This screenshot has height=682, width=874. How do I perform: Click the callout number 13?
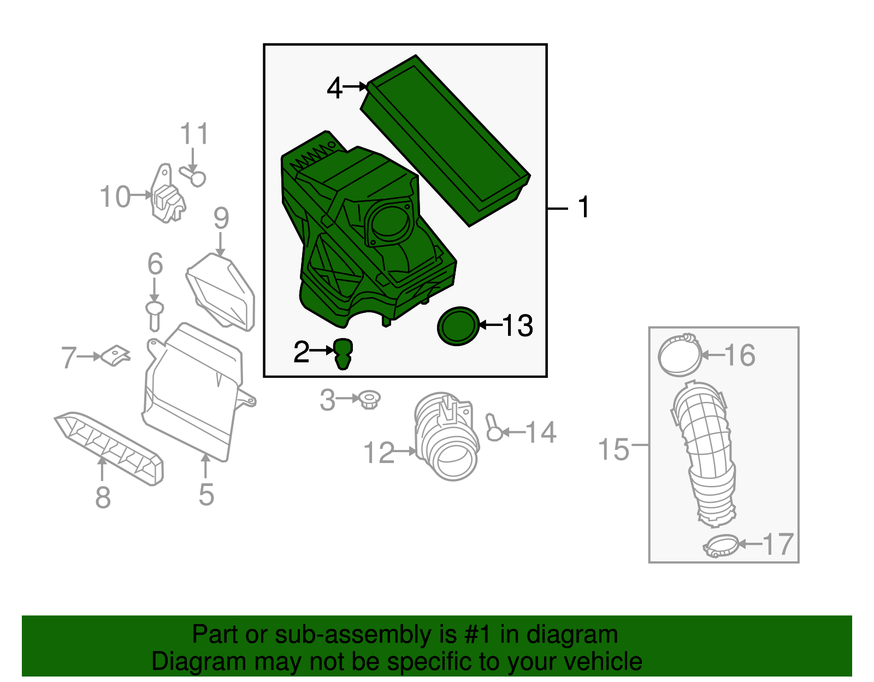[x=517, y=326]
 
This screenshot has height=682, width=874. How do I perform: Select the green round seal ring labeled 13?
[x=458, y=326]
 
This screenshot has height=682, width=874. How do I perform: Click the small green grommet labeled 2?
[x=342, y=353]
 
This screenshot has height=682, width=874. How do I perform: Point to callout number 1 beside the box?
[x=584, y=207]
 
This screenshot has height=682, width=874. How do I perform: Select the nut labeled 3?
[x=370, y=400]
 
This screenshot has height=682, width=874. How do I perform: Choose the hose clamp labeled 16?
[x=680, y=355]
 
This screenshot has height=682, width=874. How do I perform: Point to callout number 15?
[x=614, y=450]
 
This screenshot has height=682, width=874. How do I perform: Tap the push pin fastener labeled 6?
[x=155, y=316]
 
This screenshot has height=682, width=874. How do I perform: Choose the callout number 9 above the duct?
[x=221, y=218]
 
